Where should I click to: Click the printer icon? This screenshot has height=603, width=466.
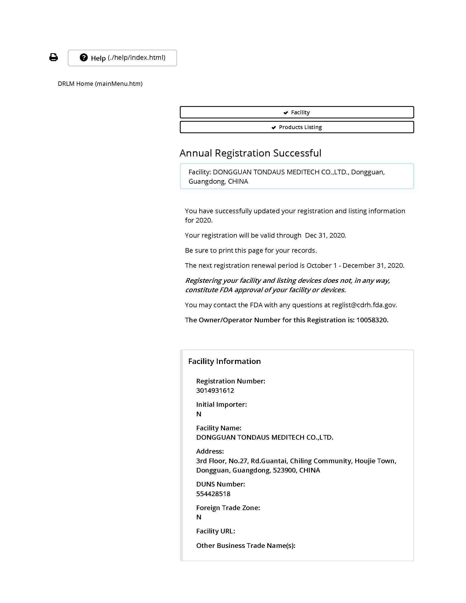pyautogui.click(x=53, y=57)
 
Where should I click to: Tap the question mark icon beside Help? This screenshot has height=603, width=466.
pyautogui.click(x=84, y=58)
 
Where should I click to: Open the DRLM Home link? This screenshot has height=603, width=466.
pyautogui.click(x=100, y=84)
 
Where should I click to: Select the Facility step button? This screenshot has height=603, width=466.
pyautogui.click(x=297, y=112)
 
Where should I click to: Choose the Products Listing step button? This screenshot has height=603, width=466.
pyautogui.click(x=297, y=127)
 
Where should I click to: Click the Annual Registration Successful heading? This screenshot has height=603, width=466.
pyautogui.click(x=250, y=153)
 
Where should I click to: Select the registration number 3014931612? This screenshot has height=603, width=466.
pyautogui.click(x=215, y=390)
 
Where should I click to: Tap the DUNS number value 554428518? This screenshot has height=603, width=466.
pyautogui.click(x=213, y=494)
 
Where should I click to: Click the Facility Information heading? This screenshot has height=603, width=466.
pyautogui.click(x=224, y=361)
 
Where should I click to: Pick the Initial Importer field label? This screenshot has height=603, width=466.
pyautogui.click(x=221, y=405)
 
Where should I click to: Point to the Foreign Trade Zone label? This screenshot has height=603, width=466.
pyautogui.click(x=228, y=508)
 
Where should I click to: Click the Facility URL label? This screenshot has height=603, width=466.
pyautogui.click(x=216, y=531)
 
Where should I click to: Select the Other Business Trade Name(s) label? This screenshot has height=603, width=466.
pyautogui.click(x=246, y=545)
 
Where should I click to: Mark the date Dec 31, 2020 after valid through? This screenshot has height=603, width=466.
pyautogui.click(x=325, y=235)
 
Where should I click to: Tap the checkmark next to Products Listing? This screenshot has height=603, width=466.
pyautogui.click(x=274, y=127)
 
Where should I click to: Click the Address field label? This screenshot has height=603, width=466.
pyautogui.click(x=210, y=451)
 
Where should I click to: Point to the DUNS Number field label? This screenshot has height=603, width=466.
pyautogui.click(x=220, y=484)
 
